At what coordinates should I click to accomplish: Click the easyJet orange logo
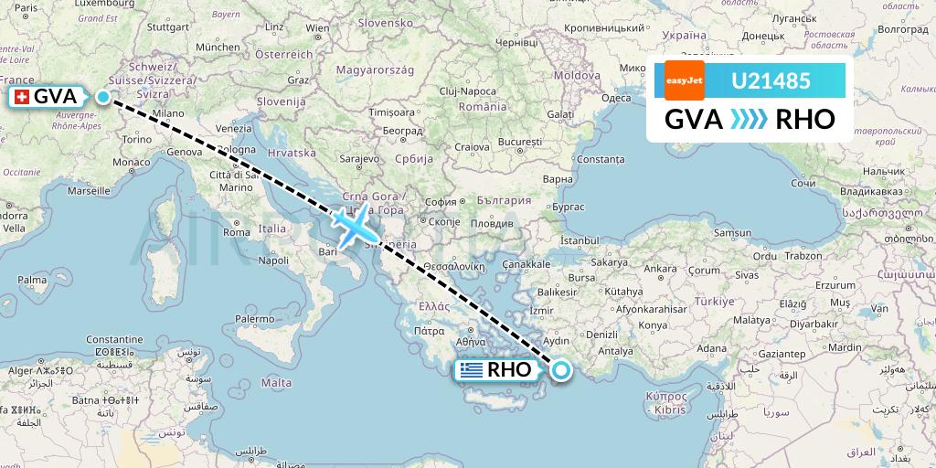[x=683, y=80]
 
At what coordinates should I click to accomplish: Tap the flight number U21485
[x=771, y=80]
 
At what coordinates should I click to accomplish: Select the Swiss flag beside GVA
[x=21, y=97]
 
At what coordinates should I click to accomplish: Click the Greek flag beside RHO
[x=472, y=370]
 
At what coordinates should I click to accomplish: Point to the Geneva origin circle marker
[x=103, y=97]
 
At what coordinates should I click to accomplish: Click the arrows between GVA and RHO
[x=750, y=120]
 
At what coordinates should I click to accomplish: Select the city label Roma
[x=237, y=232]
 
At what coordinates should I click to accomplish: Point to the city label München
[x=218, y=47]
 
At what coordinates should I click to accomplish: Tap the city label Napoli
[x=274, y=261]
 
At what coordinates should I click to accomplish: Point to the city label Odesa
[x=616, y=98]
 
